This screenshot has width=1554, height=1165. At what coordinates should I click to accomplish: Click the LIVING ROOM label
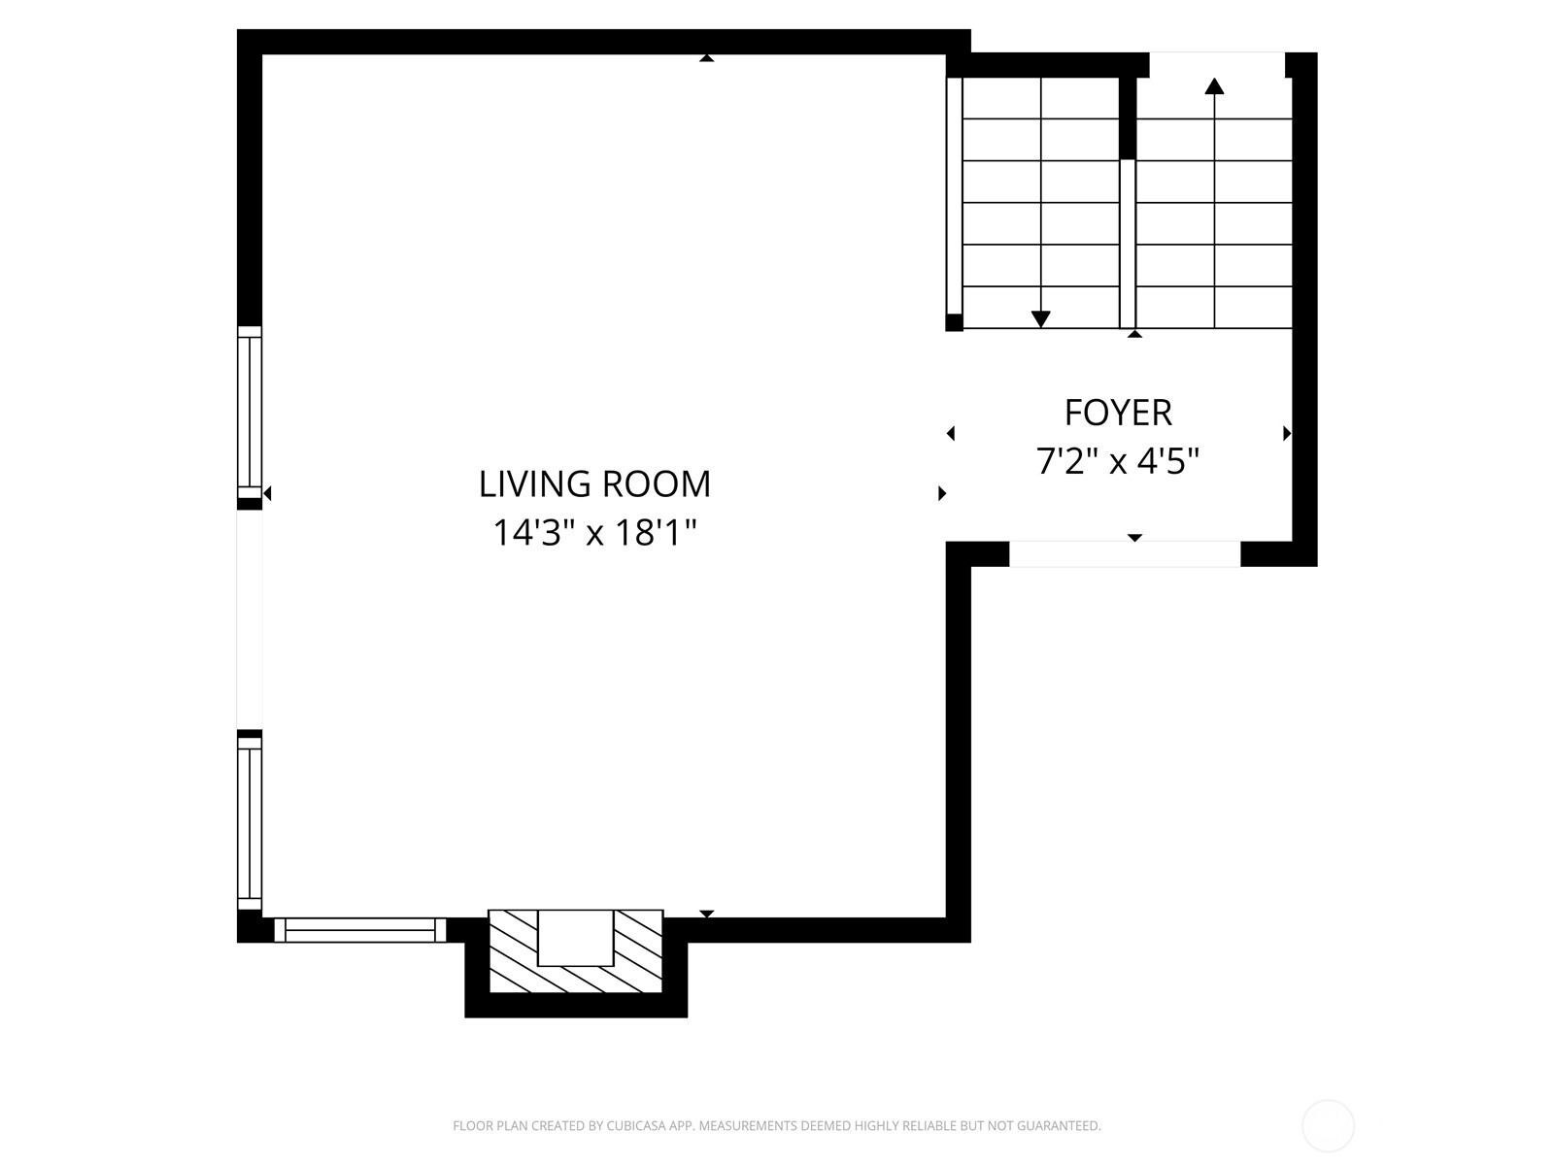pyautogui.click(x=594, y=484)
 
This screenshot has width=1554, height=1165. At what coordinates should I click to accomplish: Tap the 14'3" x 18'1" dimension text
pyautogui.click(x=594, y=533)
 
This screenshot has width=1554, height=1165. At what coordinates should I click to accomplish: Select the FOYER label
pyautogui.click(x=1118, y=414)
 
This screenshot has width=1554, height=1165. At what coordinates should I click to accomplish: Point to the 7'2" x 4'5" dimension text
pyautogui.click(x=1118, y=461)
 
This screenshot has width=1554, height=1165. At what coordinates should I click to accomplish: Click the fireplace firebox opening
pyautogui.click(x=575, y=938)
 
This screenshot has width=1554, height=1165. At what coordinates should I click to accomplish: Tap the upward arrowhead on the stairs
pyautogui.click(x=1214, y=85)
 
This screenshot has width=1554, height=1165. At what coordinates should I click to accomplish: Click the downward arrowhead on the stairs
pyautogui.click(x=1040, y=319)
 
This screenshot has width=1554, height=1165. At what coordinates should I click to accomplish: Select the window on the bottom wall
pyautogui.click(x=359, y=930)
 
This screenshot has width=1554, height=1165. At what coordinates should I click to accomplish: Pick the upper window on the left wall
pyautogui.click(x=250, y=414)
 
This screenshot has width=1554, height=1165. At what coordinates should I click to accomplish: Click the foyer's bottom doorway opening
pyautogui.click(x=1125, y=553)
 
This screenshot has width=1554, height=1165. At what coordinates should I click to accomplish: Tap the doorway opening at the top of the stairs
pyautogui.click(x=1216, y=64)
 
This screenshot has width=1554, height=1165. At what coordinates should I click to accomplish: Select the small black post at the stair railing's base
pyautogui.click(x=955, y=322)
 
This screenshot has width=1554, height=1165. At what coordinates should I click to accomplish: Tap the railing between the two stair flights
pyautogui.click(x=1127, y=244)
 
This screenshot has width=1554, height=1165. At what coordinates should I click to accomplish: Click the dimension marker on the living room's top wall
pyautogui.click(x=706, y=58)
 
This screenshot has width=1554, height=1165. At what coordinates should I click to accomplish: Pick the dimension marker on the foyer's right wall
pyautogui.click(x=1286, y=434)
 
